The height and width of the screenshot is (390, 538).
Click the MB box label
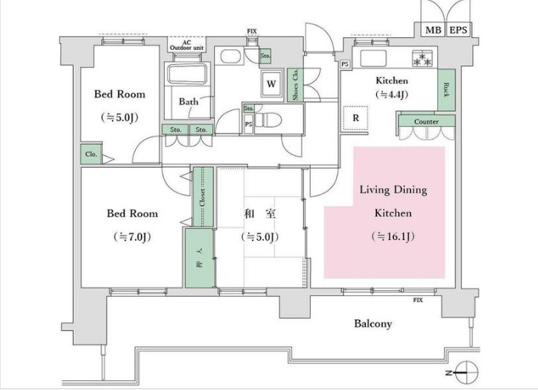tap(433, 31)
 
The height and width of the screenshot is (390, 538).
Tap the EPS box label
tap(458, 31)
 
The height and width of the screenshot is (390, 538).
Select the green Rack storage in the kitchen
tap(446, 90)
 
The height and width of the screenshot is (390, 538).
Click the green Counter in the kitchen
tap(426, 122)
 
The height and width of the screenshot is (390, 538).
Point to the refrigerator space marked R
tap(355, 118)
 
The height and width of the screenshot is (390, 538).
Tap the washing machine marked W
tap(271, 84)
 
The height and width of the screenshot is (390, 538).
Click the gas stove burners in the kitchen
tap(423, 58)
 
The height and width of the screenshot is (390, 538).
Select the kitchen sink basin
tap(373, 58)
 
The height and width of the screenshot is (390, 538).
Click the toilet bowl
tap(268, 120)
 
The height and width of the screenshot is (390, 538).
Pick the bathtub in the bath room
tap(187, 73)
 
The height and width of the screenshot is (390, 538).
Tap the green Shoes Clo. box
tap(295, 85)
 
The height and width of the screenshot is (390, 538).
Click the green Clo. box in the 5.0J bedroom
tap(91, 154)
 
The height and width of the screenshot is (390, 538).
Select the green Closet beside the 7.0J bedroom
tap(203, 197)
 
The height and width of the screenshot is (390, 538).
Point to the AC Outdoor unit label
tap(186, 45)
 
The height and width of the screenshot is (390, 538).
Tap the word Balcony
tap(373, 324)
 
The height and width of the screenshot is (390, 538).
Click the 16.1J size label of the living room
tap(393, 236)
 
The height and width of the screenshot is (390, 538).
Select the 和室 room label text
tap(259, 214)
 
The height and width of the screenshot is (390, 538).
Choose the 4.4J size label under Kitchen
tap(392, 95)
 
